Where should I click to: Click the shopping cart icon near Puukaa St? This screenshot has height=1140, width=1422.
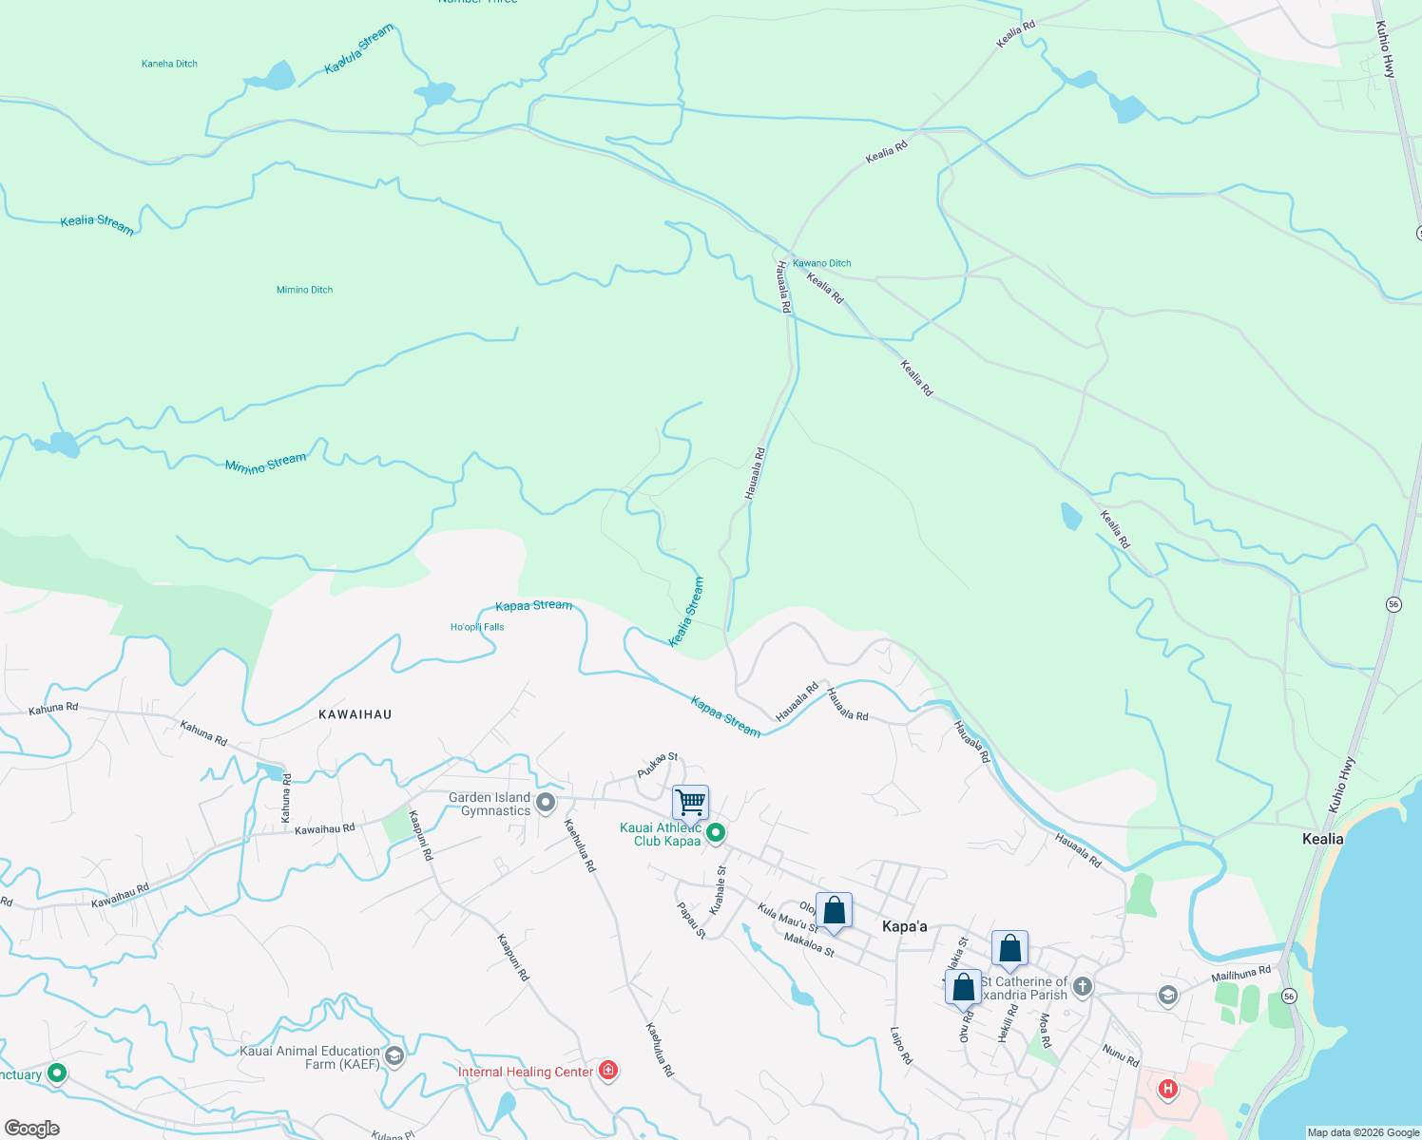click(690, 802)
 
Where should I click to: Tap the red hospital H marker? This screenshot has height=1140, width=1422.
click(1167, 1089)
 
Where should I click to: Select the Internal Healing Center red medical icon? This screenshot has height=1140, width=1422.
click(608, 1071)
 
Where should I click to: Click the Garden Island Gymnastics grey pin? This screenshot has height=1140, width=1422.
click(546, 804)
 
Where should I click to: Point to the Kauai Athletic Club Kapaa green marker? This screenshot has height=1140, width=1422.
click(716, 833)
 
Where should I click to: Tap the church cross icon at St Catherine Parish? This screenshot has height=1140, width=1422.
click(1082, 988)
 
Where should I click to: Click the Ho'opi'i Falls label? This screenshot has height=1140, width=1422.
click(477, 627)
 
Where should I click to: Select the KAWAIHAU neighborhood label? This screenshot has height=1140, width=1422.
click(355, 714)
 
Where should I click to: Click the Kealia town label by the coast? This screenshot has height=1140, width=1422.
click(1322, 839)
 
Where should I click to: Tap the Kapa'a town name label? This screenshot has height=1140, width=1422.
click(904, 926)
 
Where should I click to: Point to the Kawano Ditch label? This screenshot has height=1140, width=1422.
click(822, 263)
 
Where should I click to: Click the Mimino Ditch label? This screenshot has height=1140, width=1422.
click(304, 290)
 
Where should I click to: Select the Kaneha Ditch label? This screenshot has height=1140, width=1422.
click(169, 64)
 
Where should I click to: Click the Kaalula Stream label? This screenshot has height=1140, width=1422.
click(358, 49)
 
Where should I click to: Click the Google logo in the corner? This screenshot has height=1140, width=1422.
click(31, 1129)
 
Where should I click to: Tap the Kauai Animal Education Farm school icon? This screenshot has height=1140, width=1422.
click(394, 1055)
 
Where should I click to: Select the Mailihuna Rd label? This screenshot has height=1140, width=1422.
click(1240, 974)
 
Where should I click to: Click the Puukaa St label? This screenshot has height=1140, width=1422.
click(657, 765)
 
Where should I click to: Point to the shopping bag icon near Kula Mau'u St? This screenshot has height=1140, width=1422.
click(834, 911)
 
